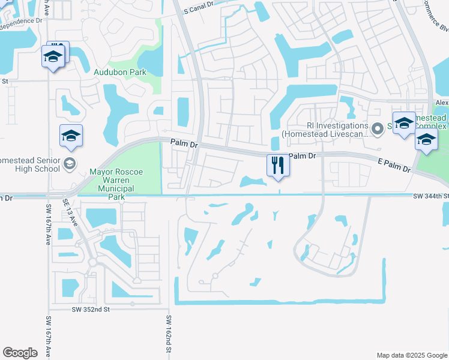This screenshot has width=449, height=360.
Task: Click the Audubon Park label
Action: pyautogui.click(x=120, y=72)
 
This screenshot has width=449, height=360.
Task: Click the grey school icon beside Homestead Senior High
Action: pyautogui.click(x=70, y=164)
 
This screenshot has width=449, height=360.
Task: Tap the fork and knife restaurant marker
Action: pyautogui.click(x=278, y=165)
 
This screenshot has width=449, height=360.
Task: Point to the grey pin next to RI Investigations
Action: pyautogui.click(x=378, y=129)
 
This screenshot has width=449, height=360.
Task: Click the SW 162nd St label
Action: pyautogui.click(x=169, y=336)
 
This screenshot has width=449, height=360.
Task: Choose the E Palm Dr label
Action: pyautogui.click(x=394, y=166)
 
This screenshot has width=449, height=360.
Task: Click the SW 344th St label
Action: pyautogui.click(x=431, y=196)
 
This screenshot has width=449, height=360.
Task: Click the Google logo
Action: pyautogui.click(x=20, y=353)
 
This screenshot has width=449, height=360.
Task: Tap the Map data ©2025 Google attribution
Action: pyautogui.click(x=411, y=355)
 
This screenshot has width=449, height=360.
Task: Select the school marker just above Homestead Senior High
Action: pyautogui.click(x=71, y=136)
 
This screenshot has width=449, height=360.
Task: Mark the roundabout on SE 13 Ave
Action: pyautogui.click(x=92, y=262)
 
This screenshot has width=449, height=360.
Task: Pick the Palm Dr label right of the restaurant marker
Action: pyautogui.click(x=302, y=156)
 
